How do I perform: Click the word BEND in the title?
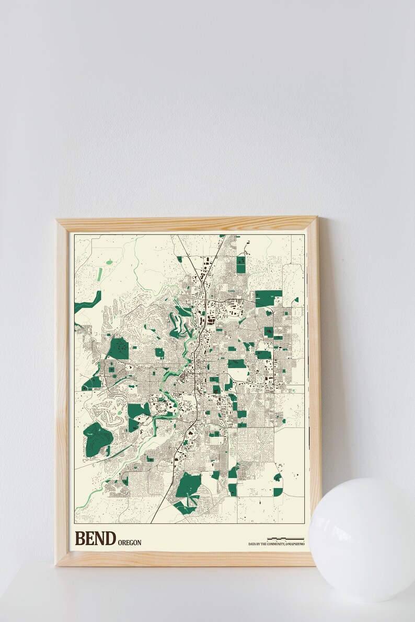[95, 538]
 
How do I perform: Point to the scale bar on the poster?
[285, 538]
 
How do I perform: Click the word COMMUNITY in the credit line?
[275, 544]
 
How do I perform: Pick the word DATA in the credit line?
[252, 544]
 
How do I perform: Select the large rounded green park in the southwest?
[96, 439]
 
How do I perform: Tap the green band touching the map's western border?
[87, 302]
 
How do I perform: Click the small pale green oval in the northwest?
[109, 262]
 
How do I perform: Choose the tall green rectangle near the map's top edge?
[240, 265]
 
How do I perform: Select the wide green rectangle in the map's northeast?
[268, 298]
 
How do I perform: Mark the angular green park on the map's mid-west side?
[119, 349]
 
